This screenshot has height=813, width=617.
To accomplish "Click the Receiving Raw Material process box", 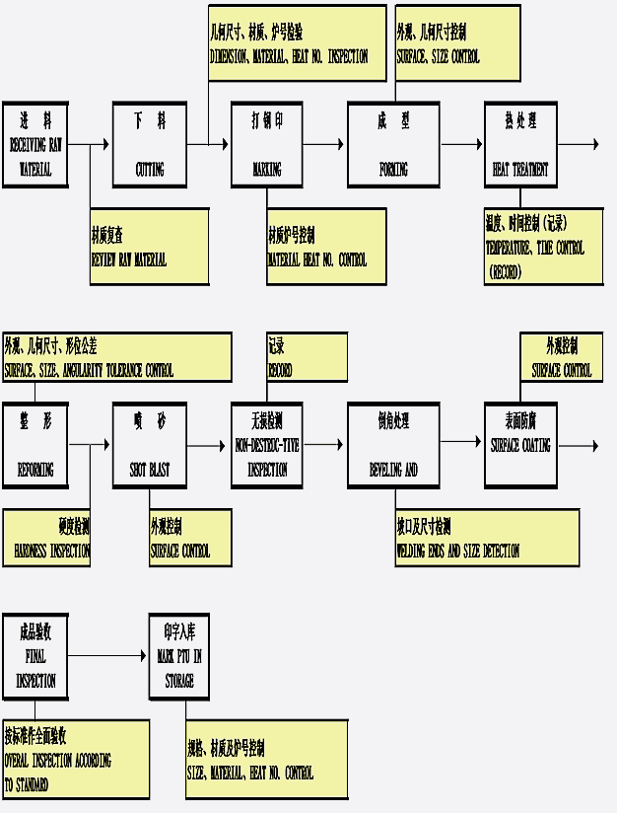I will pos(35,144).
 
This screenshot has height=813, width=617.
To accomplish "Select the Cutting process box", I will pos(150,144).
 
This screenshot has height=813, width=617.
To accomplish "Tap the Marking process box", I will pos(267,144).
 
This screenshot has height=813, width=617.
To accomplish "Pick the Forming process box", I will pos(393,144).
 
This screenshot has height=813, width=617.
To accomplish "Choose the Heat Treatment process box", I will pos(520,144).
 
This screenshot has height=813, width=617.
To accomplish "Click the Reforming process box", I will pos(35,445).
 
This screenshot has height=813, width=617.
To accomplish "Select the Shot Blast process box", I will pos(150,445).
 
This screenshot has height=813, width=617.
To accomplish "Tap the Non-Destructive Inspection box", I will pos(267,445).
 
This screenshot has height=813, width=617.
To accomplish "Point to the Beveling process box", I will pos(393,445).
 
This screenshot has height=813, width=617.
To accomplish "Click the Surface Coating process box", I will pos(520,445).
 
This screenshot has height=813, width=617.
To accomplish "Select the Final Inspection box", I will pos(35,655).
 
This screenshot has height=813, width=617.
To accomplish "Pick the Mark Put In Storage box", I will pos(180,655).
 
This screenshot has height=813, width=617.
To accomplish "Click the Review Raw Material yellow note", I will pos(149,247).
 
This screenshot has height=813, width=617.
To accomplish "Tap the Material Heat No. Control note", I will pos(326,247).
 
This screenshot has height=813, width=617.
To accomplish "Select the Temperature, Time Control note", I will pos(543,248).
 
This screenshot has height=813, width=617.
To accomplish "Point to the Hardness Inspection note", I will pos(46,538).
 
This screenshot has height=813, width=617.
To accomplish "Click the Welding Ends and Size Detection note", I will pos(487,538).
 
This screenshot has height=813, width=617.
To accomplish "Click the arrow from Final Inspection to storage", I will pos(109,655).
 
